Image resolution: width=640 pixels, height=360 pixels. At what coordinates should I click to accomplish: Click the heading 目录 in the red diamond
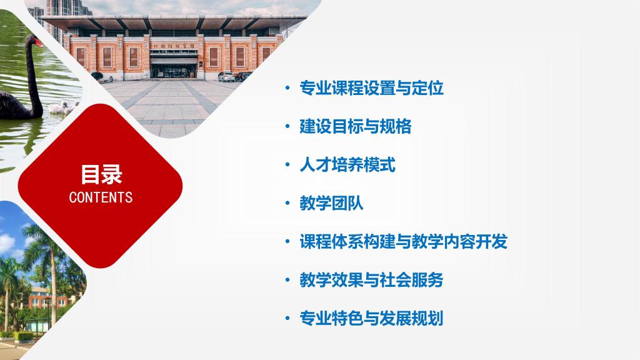coord(101,175)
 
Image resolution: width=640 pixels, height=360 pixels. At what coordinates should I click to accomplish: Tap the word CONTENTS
coord(101,197)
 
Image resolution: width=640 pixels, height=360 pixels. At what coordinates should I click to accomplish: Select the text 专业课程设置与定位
coord(371,88)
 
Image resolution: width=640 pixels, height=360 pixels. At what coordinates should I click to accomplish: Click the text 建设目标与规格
coord(356,126)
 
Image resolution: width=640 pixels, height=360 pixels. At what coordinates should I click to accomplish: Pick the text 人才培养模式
coord(347,165)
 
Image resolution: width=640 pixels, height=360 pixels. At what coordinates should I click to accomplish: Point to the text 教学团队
coord(331,203)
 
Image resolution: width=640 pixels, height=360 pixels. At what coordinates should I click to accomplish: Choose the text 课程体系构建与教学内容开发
coord(404,242)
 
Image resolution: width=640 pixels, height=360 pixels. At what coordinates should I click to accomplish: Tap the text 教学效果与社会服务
coord(371,280)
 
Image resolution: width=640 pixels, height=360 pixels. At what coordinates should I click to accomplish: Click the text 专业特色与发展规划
coord(371,318)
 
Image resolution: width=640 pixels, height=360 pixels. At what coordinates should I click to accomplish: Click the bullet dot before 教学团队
coord(287,203)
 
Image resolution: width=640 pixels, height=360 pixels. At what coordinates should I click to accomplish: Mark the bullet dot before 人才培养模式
coord(287,165)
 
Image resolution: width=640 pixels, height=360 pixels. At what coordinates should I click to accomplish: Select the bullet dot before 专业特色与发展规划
coord(287,318)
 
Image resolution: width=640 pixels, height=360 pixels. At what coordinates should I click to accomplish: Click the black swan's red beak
coord(39,42)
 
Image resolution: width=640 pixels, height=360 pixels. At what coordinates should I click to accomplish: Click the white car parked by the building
coord(226,76)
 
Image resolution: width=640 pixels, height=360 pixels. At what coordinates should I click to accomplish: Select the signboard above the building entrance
coord(174,46)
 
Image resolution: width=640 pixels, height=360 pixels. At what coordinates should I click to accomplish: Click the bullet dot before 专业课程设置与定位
coord(287,88)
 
